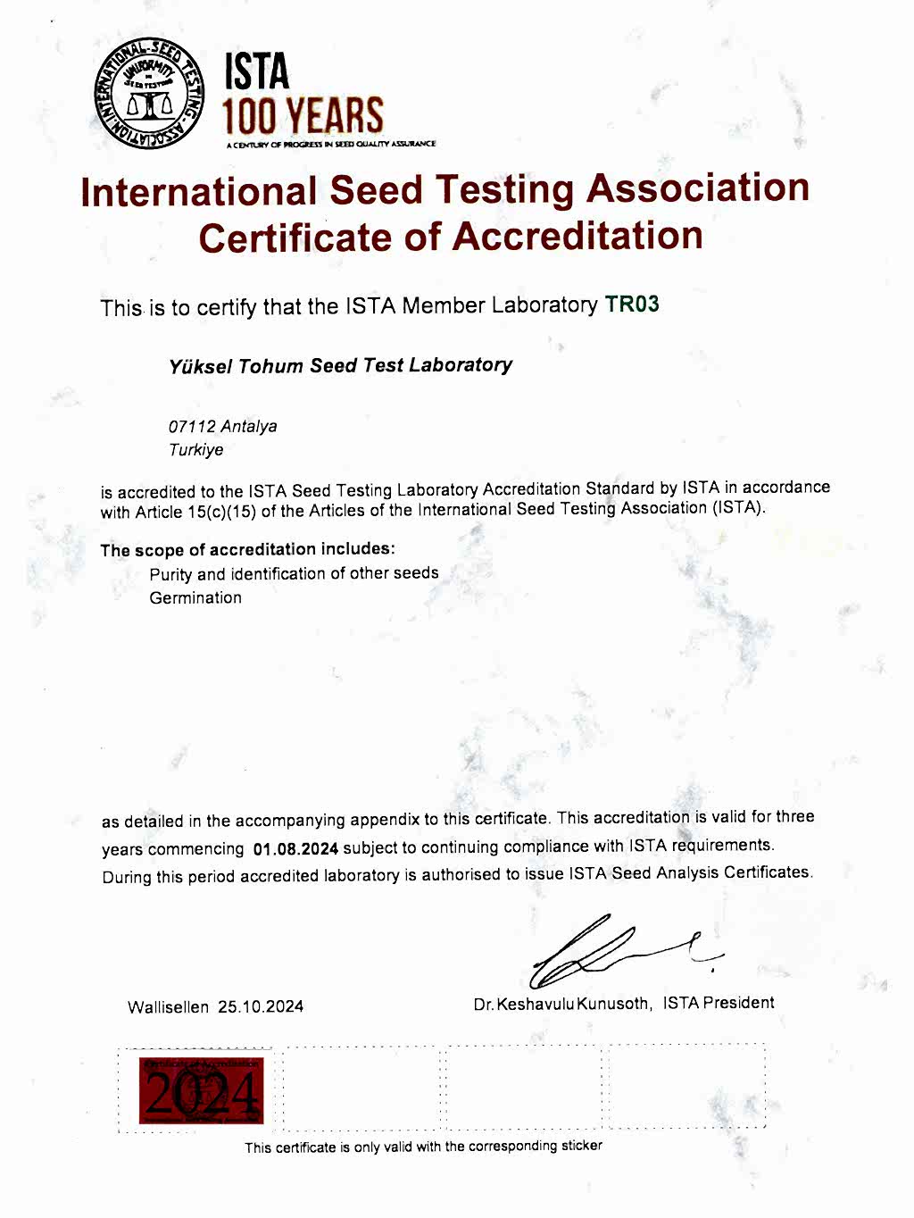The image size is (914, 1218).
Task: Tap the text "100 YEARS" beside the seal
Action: tap(303, 116)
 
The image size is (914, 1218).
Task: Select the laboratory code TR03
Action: tap(632, 304)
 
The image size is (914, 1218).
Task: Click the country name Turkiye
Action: tap(196, 450)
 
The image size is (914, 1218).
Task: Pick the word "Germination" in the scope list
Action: tap(195, 598)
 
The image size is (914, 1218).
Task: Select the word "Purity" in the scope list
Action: tap(170, 574)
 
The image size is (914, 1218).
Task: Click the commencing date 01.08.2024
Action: tap(295, 848)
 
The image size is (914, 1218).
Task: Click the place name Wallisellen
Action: tap(169, 1007)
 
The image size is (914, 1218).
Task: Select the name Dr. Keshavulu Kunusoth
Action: tap(561, 1004)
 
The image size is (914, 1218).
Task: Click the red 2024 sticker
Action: tap(201, 1090)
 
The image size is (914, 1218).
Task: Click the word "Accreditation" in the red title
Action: tap(577, 237)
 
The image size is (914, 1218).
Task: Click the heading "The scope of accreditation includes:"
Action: tap(247, 550)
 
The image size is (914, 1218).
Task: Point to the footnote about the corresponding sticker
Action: tap(423, 1147)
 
